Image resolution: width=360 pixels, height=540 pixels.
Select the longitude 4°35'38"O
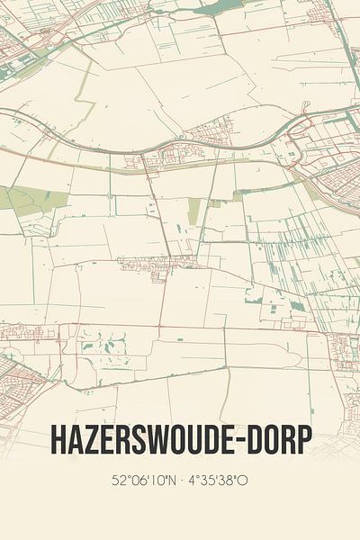[x=219, y=481]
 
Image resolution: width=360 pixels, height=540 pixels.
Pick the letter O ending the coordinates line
[x=243, y=481]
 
